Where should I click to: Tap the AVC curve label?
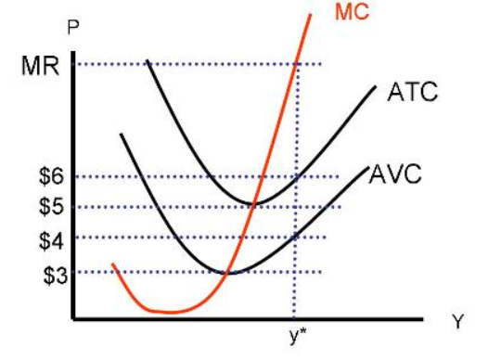click(x=396, y=174)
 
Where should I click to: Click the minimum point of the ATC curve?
click(x=254, y=203)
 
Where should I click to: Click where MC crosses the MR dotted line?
click(x=295, y=64)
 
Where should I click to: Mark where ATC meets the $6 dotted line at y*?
click(x=296, y=176)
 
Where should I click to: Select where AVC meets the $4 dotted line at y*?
click(x=296, y=237)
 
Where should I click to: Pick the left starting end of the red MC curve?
click(x=112, y=264)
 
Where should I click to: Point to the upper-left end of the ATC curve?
click(x=148, y=62)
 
